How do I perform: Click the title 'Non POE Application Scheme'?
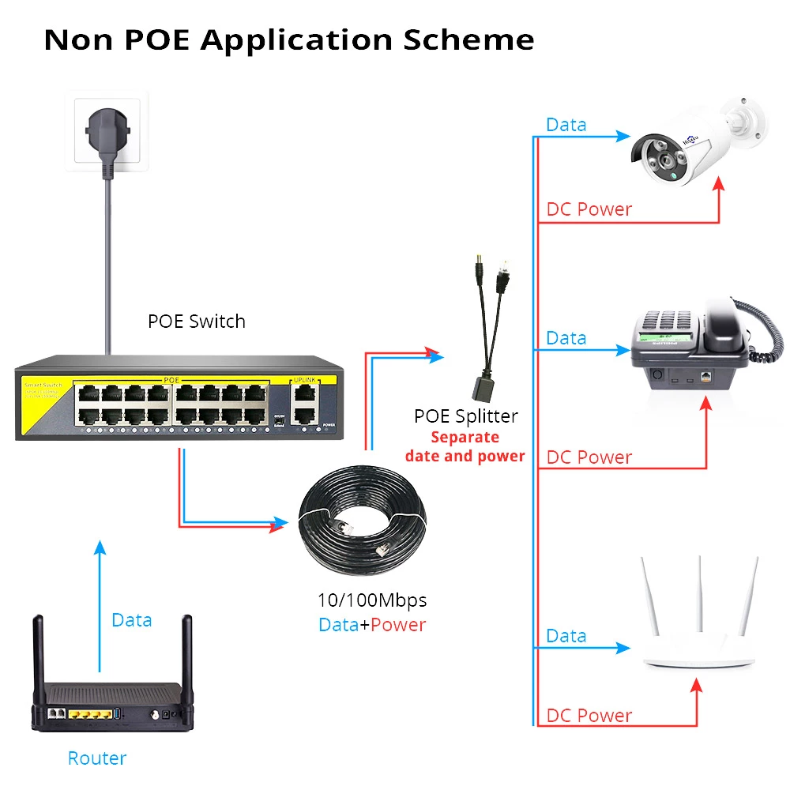pos(288,39)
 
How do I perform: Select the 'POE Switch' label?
pos(197,322)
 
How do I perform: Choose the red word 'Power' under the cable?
pos(398,625)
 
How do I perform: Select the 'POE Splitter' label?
pos(465,416)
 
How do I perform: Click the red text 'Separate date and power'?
pos(465,446)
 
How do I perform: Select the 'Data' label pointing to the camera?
pos(566,125)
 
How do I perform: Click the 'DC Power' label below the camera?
pos(589,209)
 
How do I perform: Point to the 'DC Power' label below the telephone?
pos(589,457)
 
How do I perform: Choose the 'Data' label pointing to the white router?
pos(566,636)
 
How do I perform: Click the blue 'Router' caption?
pos(97,758)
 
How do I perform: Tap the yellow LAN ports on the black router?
pos(88,714)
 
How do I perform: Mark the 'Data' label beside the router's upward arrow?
pos(131,620)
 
